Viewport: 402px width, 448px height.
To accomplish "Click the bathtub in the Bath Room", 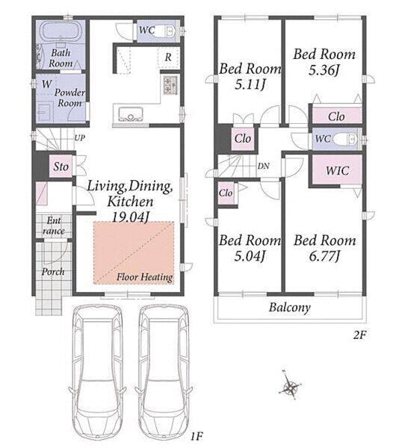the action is pos(61,31).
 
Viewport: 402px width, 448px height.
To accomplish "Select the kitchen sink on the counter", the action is pos(130,113).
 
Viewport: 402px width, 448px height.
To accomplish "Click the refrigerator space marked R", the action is pos(168,57).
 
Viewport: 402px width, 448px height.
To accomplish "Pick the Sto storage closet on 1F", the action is pos(61,167).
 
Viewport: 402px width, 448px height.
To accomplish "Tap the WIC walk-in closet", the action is pos(338,170).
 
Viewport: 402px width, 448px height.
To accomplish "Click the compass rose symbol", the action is pos(291,388).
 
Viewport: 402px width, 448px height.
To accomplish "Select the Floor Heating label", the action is pos(145,277).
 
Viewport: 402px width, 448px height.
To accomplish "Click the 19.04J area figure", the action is pos(130,217).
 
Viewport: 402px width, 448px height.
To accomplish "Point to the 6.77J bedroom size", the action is pos(324,255).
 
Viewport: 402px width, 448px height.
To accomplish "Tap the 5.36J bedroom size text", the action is pos(324,69).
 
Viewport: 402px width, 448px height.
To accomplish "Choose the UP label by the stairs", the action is pos(80,138).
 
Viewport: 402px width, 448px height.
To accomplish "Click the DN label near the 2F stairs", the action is pos(263,166).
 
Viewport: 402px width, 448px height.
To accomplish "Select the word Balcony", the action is pos(290,308).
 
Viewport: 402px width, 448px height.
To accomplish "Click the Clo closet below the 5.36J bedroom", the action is pos(336,116).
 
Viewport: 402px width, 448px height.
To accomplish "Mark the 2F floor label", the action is pos(359,335).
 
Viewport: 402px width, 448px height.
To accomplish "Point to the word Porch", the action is pos(53,272).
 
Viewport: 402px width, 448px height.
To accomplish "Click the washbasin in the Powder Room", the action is pos(45,112).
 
